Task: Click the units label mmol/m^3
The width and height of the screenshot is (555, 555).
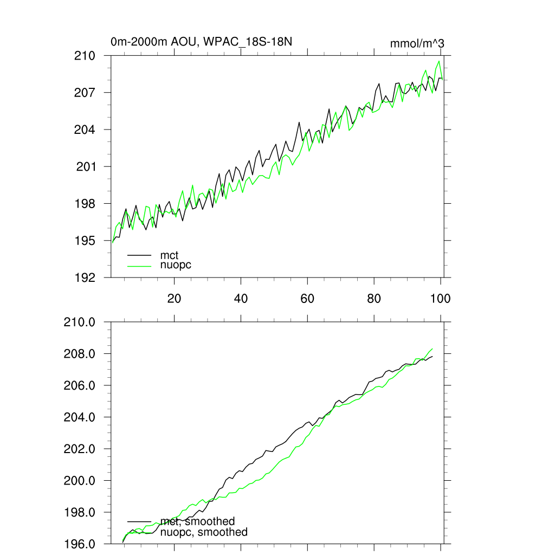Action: click(417, 43)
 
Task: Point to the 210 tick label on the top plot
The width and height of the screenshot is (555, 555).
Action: click(85, 56)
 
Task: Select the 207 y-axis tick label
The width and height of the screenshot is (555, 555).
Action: click(85, 93)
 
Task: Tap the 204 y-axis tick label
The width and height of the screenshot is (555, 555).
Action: click(85, 130)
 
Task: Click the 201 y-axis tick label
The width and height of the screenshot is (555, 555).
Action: click(85, 166)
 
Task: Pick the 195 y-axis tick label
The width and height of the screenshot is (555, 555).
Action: click(85, 240)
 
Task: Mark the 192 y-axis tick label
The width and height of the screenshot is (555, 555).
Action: click(85, 277)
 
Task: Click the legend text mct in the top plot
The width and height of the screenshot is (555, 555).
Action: click(169, 255)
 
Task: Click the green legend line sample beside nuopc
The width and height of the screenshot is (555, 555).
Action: click(139, 266)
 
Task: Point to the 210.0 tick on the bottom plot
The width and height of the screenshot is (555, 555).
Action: click(80, 322)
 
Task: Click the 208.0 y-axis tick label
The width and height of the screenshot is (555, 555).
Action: click(80, 354)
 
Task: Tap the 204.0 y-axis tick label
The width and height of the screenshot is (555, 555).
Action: click(80, 417)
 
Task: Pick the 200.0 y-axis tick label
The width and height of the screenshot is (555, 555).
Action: click(80, 481)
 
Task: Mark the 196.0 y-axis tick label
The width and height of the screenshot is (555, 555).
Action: click(80, 544)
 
